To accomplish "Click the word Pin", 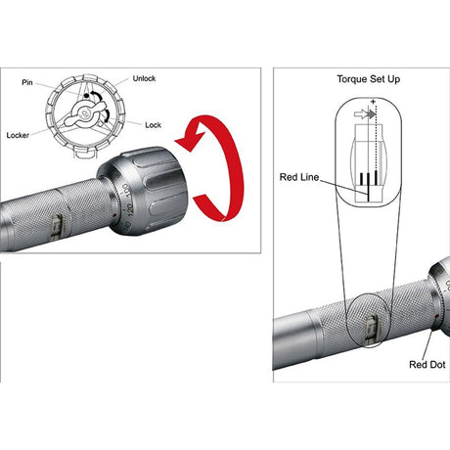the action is coord(27,82).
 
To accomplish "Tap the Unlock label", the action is coord(144,78).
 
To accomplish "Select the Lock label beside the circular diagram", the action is coord(153,125).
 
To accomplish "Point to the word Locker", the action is coord(18,135).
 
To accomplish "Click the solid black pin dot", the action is coord(86,96).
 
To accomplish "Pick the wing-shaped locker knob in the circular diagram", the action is coord(85,113).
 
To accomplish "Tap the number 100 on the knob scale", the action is coord(126,191).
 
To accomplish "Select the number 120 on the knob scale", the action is coord(129,211).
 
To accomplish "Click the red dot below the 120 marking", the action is coord(114,215).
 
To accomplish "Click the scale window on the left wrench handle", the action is coord(59,227).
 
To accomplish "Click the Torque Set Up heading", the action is coord(369,79).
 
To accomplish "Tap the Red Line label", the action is coord(299,177).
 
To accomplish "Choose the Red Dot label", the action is coord(427,364).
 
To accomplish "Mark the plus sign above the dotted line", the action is coord(373,102).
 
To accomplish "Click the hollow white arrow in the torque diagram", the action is coord(361,114).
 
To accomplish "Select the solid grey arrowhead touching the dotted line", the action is coord(372,114).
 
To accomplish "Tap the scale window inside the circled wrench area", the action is coord(371,330).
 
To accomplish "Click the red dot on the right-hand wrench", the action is coord(436,316).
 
